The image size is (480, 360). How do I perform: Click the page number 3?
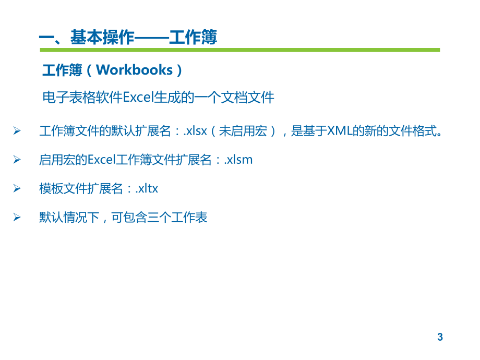coord(440,337)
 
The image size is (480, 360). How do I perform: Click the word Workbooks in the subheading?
coord(134,70)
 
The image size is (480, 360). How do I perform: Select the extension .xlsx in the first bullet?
coord(195,131)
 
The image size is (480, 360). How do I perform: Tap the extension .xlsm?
coord(238,160)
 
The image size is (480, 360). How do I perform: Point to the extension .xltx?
coord(147,188)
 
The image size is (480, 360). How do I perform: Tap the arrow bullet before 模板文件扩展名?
coord(17,188)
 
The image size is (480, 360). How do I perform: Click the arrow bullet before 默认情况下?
coord(17,217)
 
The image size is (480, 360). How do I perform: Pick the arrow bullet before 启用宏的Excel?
coord(17,160)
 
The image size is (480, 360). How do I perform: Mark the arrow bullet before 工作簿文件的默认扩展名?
coord(17,131)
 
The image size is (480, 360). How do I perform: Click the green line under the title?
coord(240,50)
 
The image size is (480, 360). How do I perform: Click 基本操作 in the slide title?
coord(102,38)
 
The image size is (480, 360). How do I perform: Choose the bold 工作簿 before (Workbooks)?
coord(59,70)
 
